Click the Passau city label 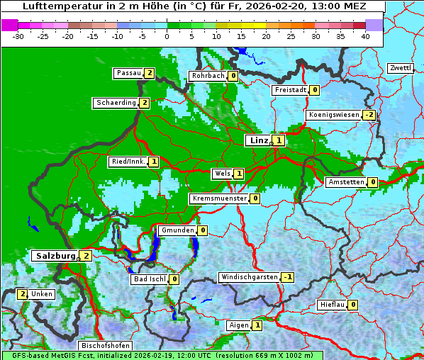(x=128, y=73)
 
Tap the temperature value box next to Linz (x=279, y=140)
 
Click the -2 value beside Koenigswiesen (x=369, y=115)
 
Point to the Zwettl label (x=400, y=68)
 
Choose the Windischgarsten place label (x=249, y=276)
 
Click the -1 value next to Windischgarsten (x=287, y=277)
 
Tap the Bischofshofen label (x=105, y=345)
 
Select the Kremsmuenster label (x=219, y=198)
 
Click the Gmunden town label (x=177, y=230)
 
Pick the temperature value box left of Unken (x=22, y=294)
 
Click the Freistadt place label (x=289, y=90)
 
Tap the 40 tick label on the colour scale (x=364, y=35)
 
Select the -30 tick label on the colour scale (x=18, y=35)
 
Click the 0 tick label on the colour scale (x=167, y=35)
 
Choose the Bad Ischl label (x=149, y=279)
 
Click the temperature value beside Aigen (x=257, y=325)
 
